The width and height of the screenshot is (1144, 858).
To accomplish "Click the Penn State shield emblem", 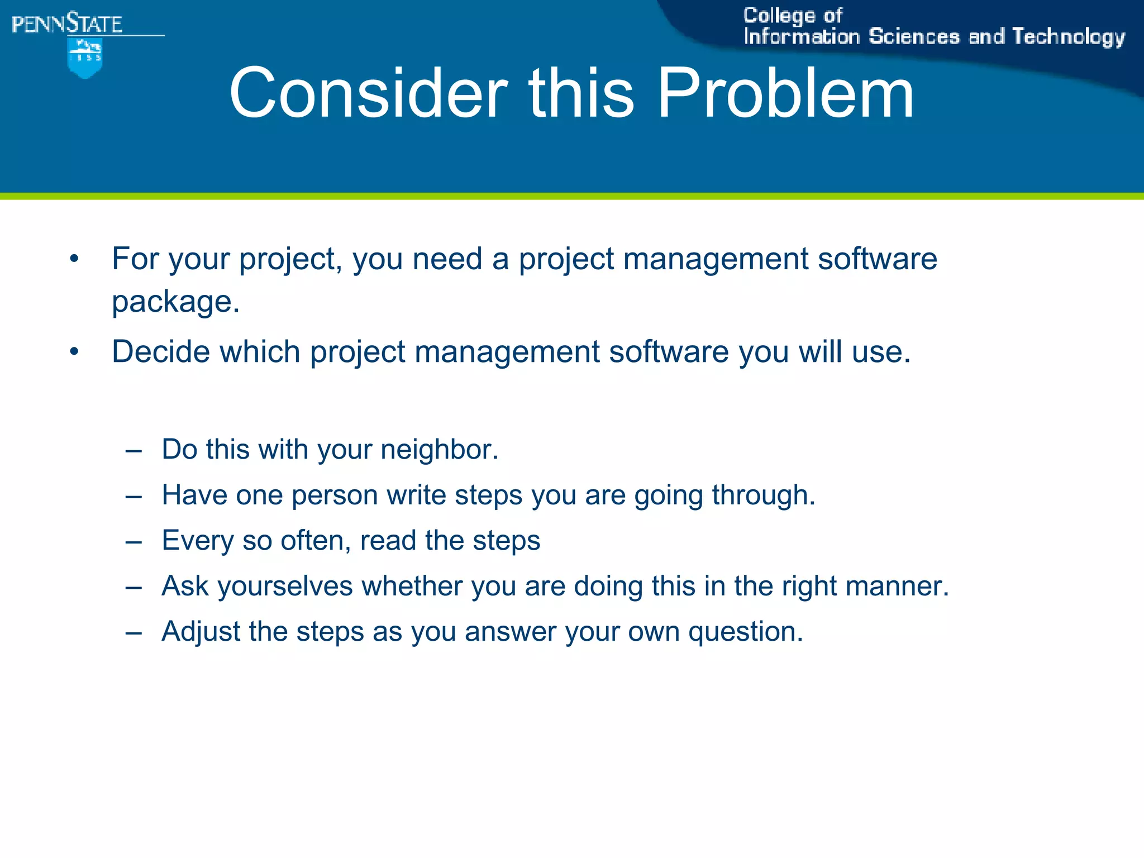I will point(85,58).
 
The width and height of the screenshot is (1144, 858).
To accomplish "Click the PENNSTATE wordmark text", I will point(67,24).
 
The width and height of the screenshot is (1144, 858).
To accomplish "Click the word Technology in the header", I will point(1069,36).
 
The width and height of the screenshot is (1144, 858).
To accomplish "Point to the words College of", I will point(792,16).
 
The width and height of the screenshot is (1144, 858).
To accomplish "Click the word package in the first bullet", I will point(175,302).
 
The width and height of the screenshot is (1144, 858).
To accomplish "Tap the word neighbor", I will point(439,449).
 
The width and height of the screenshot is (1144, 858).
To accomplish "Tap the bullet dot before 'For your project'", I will point(74,259).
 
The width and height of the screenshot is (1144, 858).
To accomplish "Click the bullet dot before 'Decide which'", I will point(74,352).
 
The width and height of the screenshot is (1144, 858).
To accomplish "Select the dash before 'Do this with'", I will point(134,450).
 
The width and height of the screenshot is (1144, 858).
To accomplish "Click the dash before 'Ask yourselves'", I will point(134,587).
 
